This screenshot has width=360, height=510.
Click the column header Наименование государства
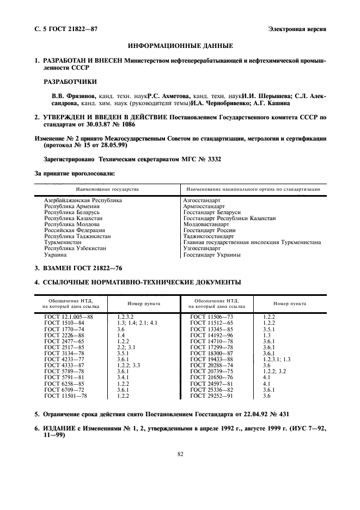[x=107, y=189]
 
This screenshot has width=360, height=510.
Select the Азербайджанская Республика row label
[x=83, y=201]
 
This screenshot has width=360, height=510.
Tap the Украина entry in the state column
[x=56, y=254]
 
